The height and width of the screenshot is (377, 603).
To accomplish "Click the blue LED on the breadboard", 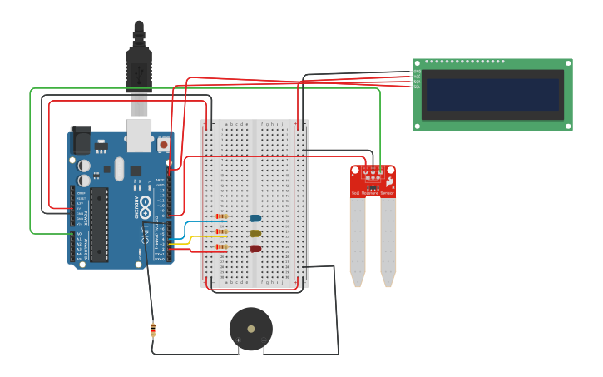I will (x=255, y=218).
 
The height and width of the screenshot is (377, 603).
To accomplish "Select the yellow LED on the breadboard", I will (x=255, y=233).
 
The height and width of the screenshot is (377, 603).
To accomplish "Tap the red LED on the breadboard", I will (x=255, y=248).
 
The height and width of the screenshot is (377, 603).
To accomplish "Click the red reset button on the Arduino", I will (x=163, y=144).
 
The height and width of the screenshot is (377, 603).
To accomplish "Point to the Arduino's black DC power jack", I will (x=81, y=141).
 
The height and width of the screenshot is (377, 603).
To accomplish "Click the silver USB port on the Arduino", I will (x=139, y=135).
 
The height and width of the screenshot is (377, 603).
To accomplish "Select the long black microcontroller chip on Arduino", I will (x=99, y=224).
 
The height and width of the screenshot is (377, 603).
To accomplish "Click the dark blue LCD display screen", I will (x=492, y=95).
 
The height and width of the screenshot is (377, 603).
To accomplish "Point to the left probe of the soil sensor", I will (x=358, y=241).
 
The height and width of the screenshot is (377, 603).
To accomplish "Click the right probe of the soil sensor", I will (x=388, y=241).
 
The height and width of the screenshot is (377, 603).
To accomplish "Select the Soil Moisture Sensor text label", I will (x=372, y=193).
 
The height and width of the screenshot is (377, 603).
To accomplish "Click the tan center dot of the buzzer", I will (x=251, y=329).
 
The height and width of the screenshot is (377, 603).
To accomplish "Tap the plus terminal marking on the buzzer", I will (x=238, y=340).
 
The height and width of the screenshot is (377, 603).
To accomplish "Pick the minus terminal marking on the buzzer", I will (x=264, y=340).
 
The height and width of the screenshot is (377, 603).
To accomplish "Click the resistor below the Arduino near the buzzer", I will (x=153, y=330).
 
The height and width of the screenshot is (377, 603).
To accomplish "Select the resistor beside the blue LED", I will (x=221, y=217).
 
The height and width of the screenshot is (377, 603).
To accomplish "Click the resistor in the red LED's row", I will (x=221, y=247).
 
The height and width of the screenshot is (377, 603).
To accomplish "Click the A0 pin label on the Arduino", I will (x=79, y=235).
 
